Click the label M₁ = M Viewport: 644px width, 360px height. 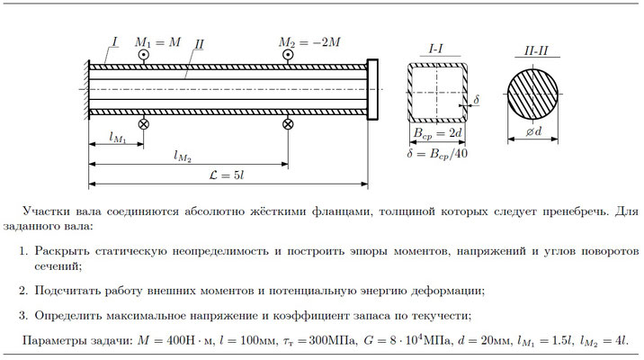[157, 42]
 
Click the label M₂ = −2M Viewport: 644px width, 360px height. [309, 42]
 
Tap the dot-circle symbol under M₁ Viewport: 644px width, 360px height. [143, 55]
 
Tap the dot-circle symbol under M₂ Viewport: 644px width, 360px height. [288, 55]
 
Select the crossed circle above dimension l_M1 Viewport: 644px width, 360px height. [143, 123]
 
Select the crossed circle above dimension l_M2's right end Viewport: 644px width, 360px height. [288, 123]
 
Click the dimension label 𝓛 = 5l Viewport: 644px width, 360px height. [227, 175]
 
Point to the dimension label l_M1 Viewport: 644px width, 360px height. [118, 138]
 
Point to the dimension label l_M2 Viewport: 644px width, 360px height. [183, 157]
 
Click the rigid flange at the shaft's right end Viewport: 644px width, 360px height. [372, 90]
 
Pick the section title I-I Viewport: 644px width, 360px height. [436, 49]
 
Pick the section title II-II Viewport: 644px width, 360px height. [536, 51]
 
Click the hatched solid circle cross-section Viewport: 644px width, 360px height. [533, 94]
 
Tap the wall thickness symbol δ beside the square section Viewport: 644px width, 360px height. [476, 100]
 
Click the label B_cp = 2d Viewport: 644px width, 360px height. [437, 133]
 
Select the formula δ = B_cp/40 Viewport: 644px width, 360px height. [437, 154]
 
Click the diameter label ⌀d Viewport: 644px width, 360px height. [534, 131]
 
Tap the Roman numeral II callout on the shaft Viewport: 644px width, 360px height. [199, 44]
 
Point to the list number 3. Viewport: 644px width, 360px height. [23, 316]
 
